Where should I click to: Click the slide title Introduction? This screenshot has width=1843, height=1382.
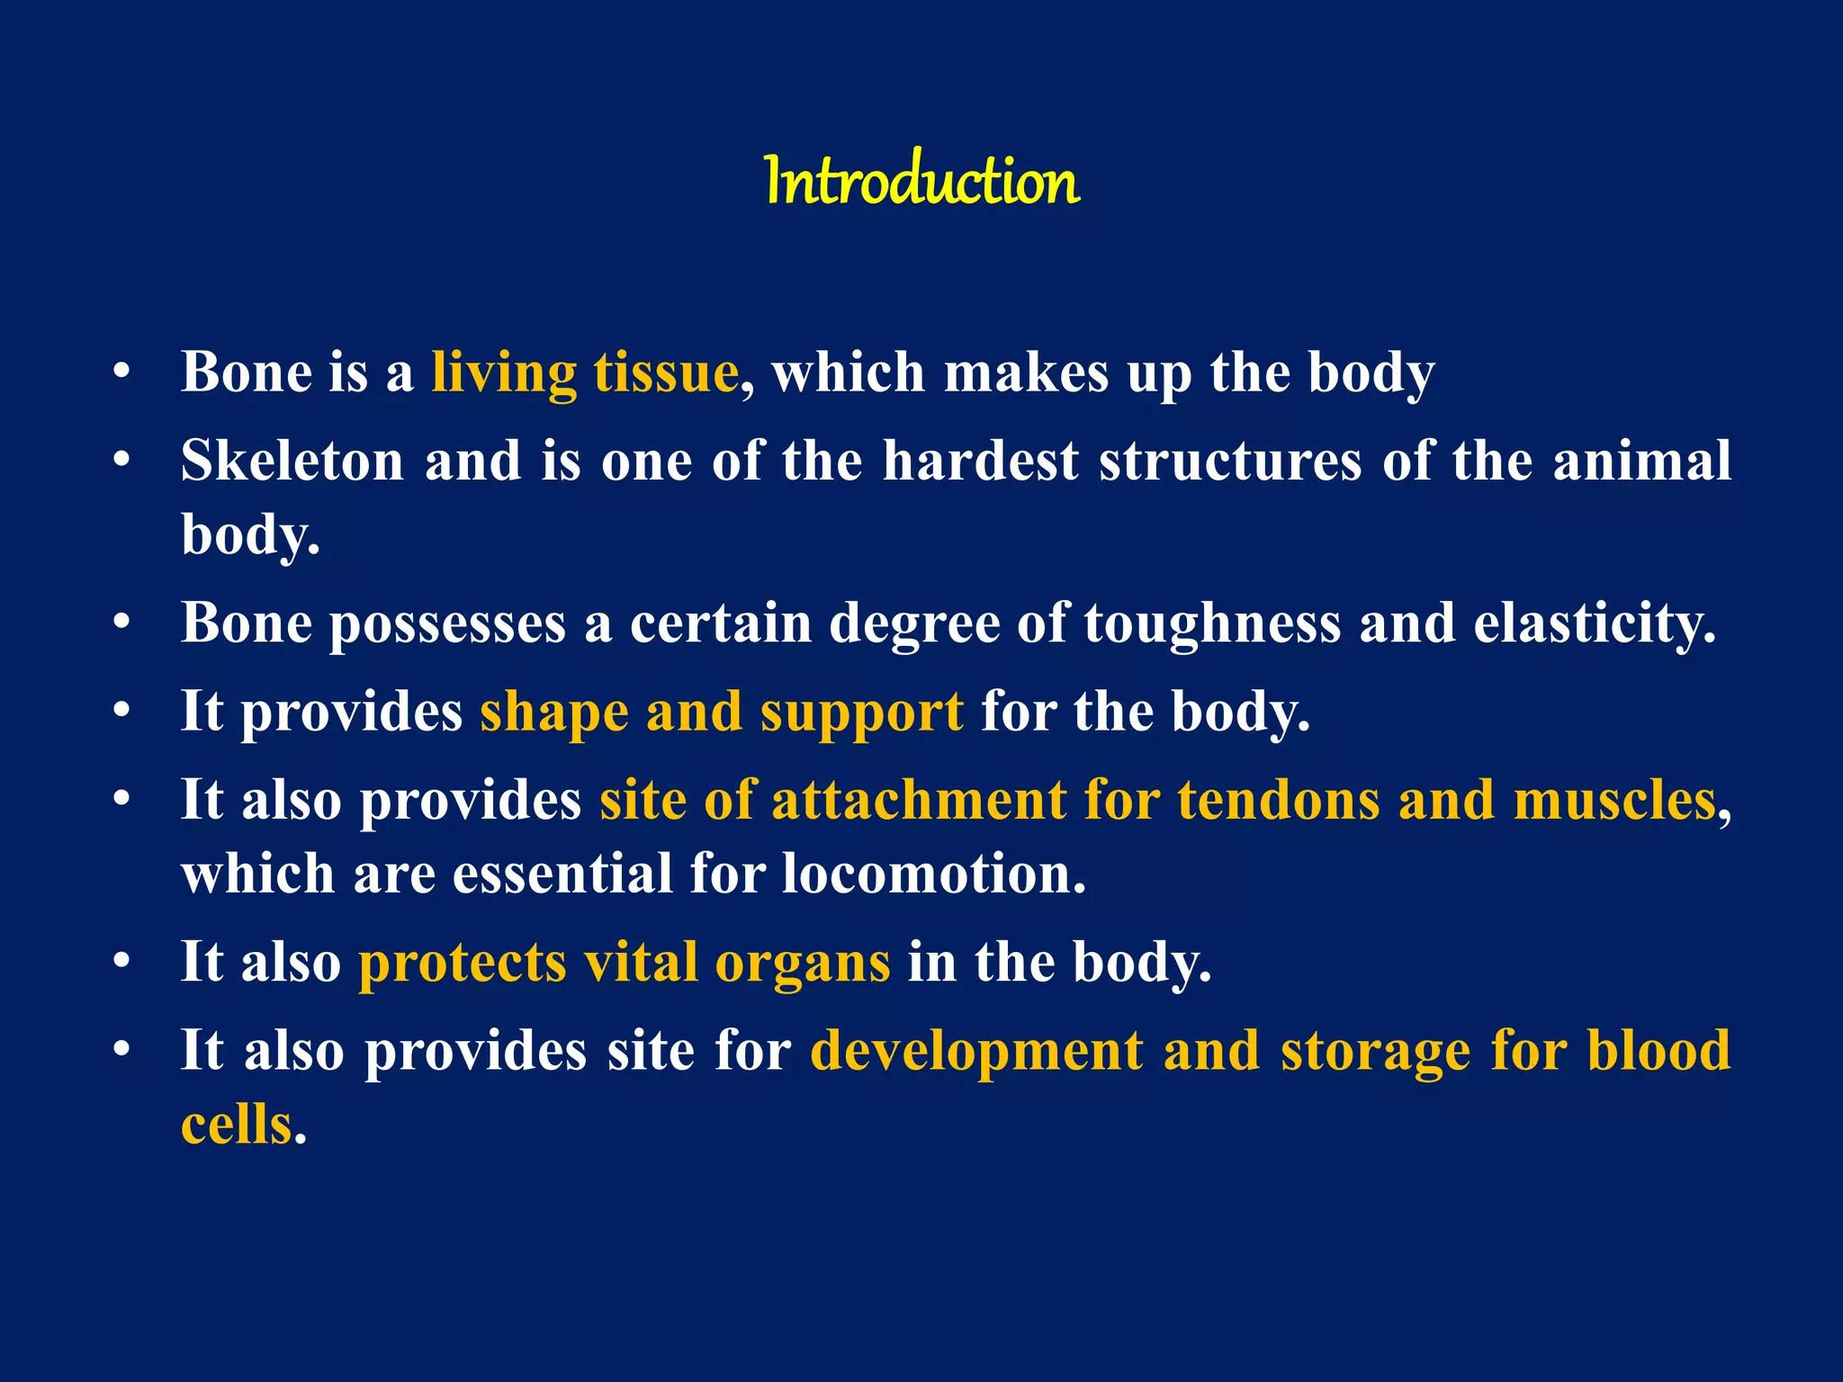pyautogui.click(x=921, y=181)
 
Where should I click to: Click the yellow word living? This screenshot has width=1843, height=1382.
pyautogui.click(x=503, y=372)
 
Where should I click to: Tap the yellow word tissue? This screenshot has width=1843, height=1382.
pyautogui.click(x=666, y=372)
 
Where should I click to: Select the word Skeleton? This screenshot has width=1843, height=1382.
pyautogui.click(x=292, y=461)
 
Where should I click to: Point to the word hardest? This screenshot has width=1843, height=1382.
pyautogui.click(x=980, y=461)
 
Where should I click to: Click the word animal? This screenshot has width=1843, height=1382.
pyautogui.click(x=1641, y=461)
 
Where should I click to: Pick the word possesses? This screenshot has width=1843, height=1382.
pyautogui.click(x=447, y=624)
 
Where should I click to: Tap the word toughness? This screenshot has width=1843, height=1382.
pyautogui.click(x=1212, y=624)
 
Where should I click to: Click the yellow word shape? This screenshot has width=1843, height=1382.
pyautogui.click(x=553, y=713)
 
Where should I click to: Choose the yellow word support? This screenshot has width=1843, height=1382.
pyautogui.click(x=861, y=713)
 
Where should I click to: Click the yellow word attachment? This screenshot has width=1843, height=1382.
pyautogui.click(x=919, y=800)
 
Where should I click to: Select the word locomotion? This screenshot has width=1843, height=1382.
pyautogui.click(x=932, y=874)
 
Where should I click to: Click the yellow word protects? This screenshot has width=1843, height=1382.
pyautogui.click(x=463, y=963)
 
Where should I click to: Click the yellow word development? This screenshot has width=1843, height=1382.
pyautogui.click(x=976, y=1051)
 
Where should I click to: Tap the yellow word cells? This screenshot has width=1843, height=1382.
pyautogui.click(x=237, y=1125)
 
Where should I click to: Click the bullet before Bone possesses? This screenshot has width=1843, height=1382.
pyautogui.click(x=122, y=623)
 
